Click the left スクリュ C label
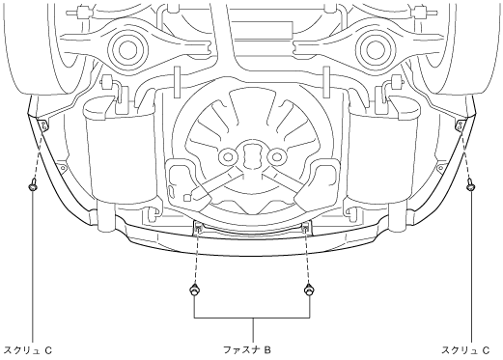29,350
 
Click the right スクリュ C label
466,350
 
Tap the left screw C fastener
32,186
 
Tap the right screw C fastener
470,185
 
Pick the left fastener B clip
194,290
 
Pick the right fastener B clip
309,290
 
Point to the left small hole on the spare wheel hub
228,157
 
